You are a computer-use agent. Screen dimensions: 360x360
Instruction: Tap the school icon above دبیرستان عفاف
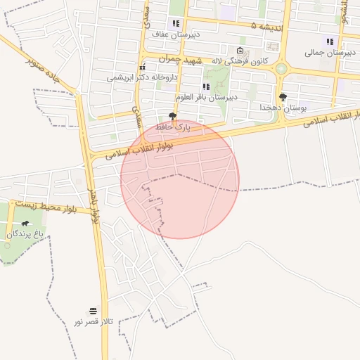pos(175,24)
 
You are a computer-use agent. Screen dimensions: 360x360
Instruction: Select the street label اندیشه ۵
pos(269,26)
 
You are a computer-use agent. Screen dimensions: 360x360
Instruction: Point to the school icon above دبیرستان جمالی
pos(329,41)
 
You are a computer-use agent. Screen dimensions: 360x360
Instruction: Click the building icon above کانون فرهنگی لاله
pos(240,51)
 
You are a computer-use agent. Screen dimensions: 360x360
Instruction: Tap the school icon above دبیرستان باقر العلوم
pos(206,86)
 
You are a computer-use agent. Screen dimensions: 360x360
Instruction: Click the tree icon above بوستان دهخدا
pos(283,98)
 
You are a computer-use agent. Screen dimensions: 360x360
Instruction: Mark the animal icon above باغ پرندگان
pos(25,224)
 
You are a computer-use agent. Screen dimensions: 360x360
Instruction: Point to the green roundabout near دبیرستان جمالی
pos(282,68)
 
